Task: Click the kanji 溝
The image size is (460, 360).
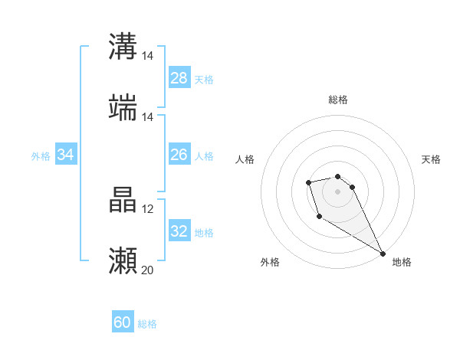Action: point(123,47)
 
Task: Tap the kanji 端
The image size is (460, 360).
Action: point(123,108)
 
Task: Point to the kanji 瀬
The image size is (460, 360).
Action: point(123,261)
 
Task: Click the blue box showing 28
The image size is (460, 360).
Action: point(179,78)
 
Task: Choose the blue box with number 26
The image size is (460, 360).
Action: point(179,155)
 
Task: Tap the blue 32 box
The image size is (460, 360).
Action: point(179,231)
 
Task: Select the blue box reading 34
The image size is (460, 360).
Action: point(66,155)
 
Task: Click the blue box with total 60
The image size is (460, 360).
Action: point(123,322)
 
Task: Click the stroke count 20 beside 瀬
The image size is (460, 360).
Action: point(147,270)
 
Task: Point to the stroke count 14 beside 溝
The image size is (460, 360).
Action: point(147,56)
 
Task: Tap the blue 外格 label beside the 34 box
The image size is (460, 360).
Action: point(41,156)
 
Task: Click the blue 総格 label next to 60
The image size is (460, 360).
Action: point(147,324)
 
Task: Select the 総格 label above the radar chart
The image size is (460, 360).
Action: point(338,100)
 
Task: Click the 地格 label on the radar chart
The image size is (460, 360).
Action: point(402,262)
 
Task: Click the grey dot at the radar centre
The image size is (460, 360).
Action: point(338,191)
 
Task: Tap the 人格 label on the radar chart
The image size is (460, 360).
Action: point(245,159)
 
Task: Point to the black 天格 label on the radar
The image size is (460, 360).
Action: point(431,159)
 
